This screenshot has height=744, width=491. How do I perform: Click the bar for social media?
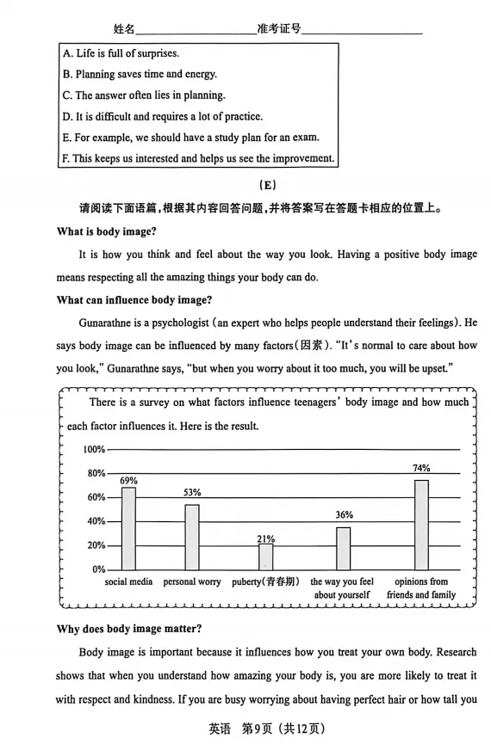[x=128, y=528]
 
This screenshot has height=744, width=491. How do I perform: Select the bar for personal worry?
[x=192, y=537]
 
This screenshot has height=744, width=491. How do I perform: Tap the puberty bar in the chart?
[x=265, y=556]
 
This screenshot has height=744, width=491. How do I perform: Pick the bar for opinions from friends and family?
[x=421, y=524]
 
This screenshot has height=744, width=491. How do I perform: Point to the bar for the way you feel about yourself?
[x=343, y=548]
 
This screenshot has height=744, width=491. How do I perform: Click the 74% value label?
[x=421, y=468]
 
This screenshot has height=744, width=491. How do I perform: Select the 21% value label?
[x=265, y=538]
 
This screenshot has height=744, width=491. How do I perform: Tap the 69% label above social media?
[x=128, y=480]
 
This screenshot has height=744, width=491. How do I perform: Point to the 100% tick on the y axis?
[x=94, y=450]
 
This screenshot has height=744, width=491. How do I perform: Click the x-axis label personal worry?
[x=192, y=582]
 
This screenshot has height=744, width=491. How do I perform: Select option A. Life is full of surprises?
[x=121, y=53]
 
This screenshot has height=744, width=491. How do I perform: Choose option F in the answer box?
[x=197, y=158]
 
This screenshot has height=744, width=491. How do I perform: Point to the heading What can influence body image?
[x=134, y=299]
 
